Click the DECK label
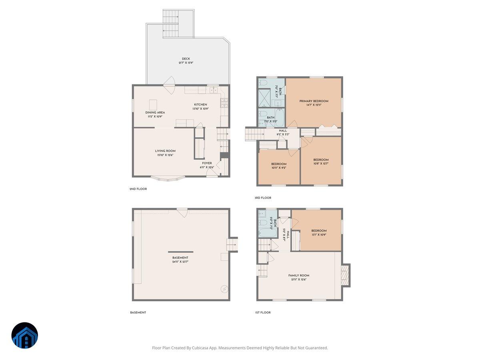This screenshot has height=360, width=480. click(186, 59)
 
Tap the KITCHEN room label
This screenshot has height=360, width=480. click(200, 105)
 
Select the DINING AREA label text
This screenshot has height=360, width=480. click(155, 113)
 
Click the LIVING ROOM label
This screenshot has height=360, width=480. click(165, 151)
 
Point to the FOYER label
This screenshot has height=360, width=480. click(207, 163)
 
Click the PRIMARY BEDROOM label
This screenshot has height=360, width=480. click(314, 101)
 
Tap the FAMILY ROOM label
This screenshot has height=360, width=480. click(298, 276)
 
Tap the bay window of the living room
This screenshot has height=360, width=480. click(168, 178)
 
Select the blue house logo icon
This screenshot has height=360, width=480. click(25, 336)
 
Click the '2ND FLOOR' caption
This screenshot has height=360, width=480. click(138, 189)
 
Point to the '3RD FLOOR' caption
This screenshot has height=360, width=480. click(263, 198)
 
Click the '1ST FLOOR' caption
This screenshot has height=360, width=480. click(262, 312)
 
